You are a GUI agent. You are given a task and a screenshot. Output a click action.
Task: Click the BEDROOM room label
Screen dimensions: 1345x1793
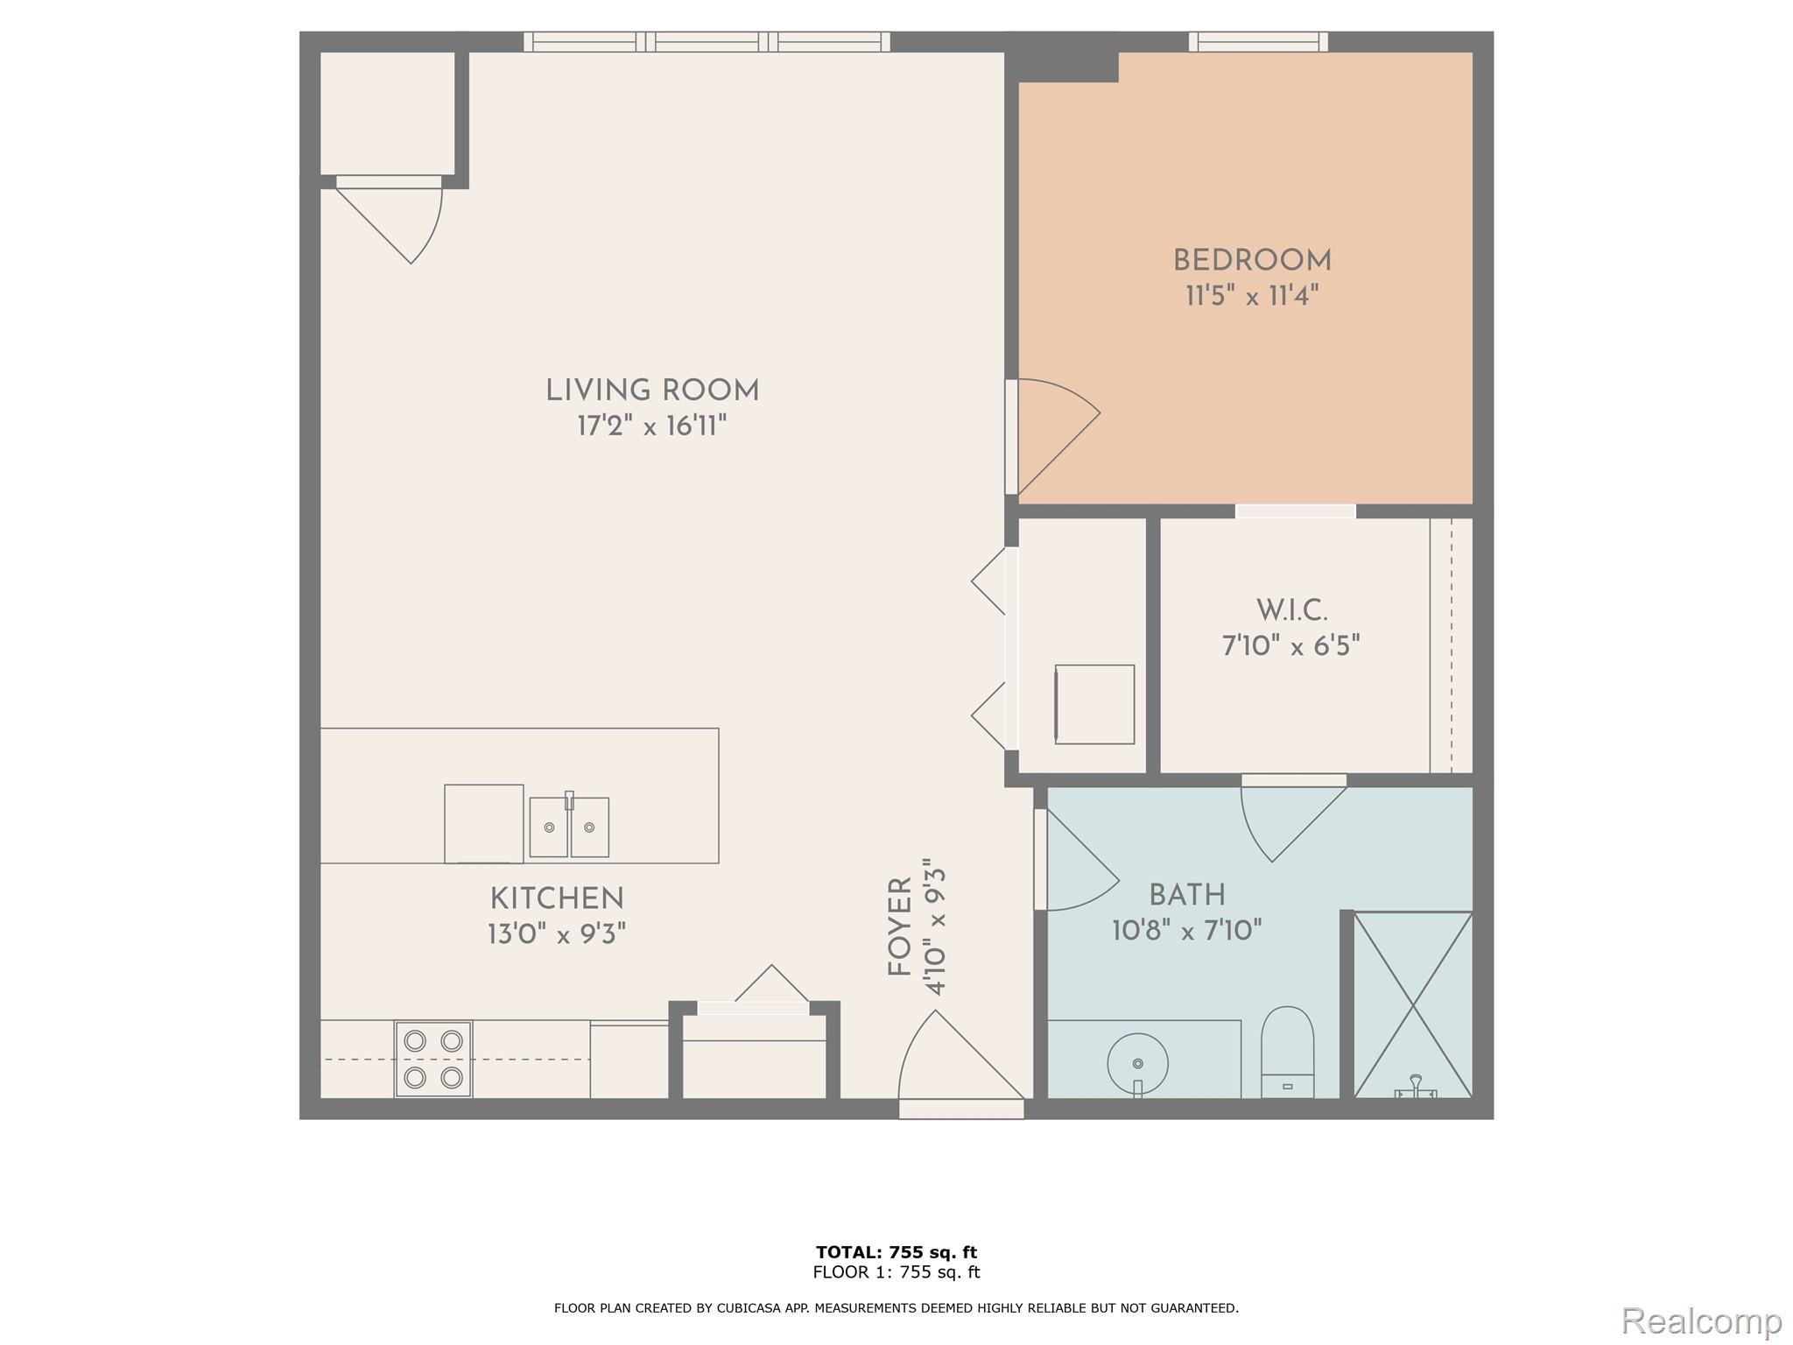1252,261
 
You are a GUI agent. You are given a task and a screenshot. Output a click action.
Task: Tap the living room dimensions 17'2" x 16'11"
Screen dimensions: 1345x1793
651,426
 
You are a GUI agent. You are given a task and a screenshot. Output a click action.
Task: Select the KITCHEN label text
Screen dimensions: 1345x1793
557,898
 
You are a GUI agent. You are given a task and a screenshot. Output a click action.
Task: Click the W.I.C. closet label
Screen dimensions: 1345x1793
1291,610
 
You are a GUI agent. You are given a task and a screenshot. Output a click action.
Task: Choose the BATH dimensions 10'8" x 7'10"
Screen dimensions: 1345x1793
1186,930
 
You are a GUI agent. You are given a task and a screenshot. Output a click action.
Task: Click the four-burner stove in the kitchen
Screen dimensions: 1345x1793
433,1059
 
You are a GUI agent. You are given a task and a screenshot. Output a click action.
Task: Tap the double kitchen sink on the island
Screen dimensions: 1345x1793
569,827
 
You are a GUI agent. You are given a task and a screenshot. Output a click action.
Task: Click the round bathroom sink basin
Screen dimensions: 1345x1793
1137,1063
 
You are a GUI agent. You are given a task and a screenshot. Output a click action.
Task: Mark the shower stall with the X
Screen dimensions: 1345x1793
1413,1003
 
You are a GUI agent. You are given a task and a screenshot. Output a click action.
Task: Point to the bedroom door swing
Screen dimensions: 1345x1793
1055,435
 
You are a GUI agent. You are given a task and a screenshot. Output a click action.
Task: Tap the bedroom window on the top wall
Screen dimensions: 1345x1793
1258,41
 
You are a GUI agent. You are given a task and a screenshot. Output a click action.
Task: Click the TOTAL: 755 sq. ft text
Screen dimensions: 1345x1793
896,1251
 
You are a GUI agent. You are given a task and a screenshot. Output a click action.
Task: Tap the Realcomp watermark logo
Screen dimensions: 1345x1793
1701,1320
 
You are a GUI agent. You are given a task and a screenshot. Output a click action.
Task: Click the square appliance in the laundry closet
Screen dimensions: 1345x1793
1094,704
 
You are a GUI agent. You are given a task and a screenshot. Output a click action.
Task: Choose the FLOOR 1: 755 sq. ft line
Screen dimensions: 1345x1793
896,1272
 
